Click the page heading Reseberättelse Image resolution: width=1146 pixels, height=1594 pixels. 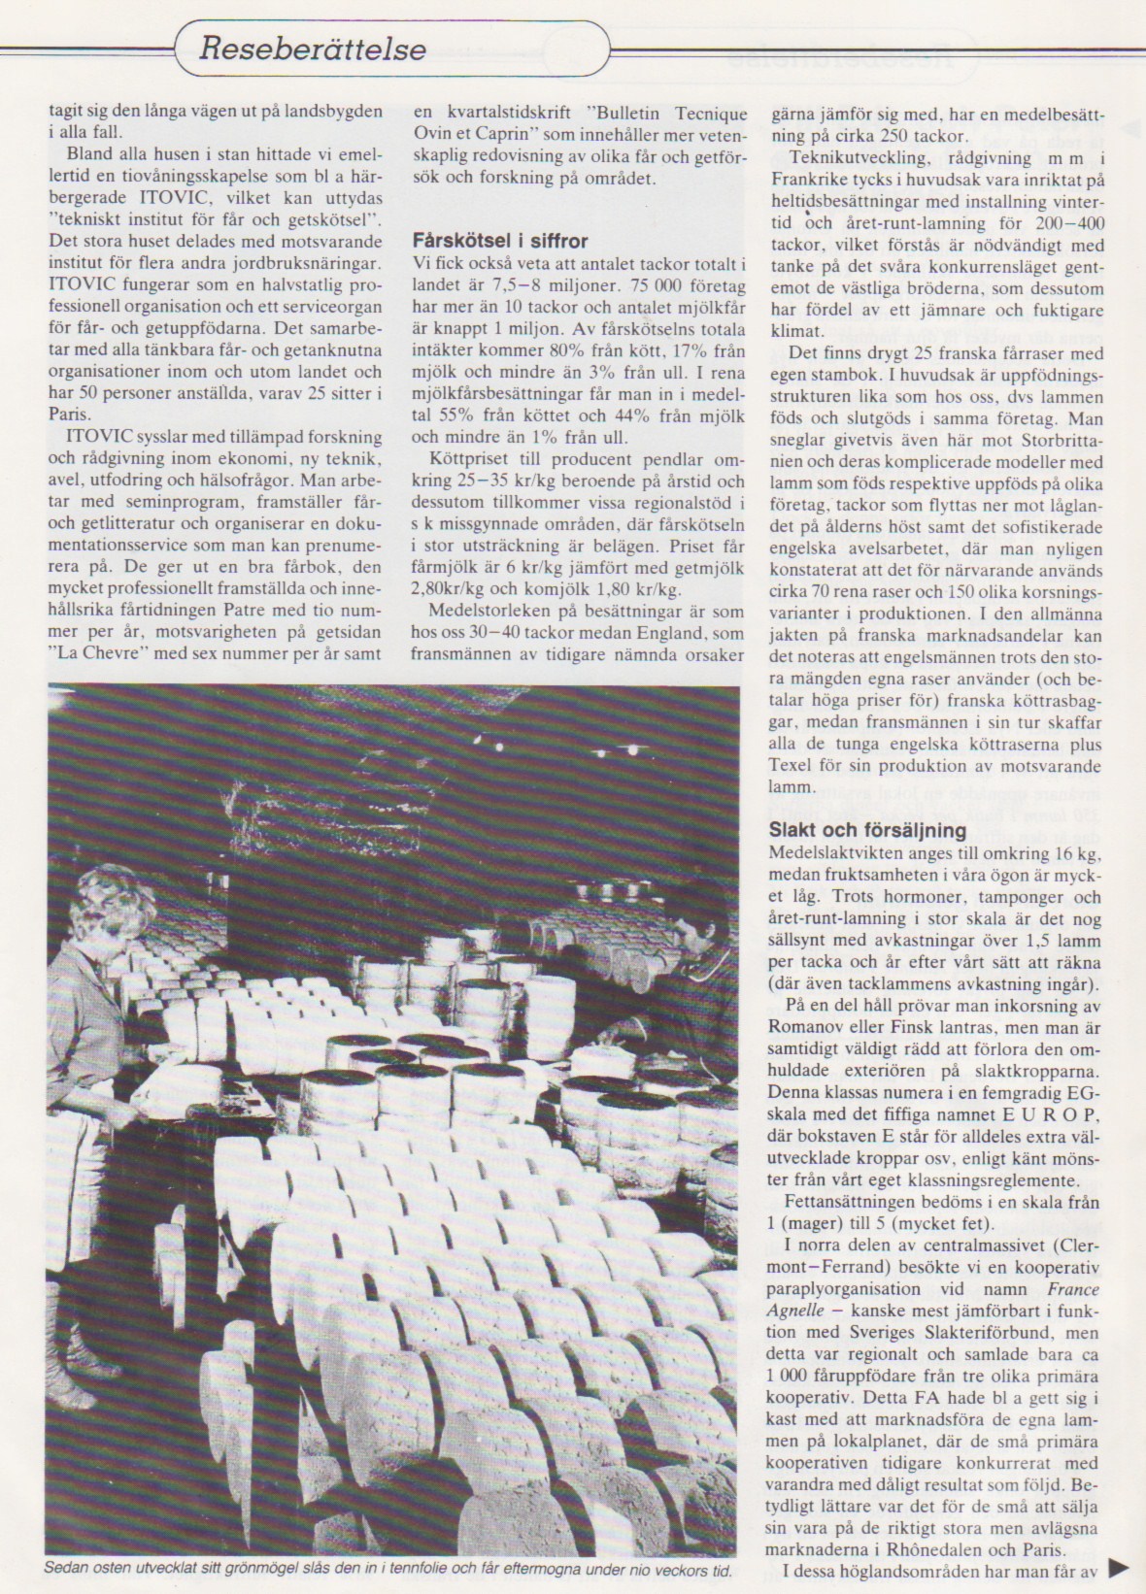[313, 48]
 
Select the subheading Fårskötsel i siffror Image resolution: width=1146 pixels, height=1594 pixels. [499, 241]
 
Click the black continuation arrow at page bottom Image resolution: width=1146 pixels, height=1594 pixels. [1120, 1566]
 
